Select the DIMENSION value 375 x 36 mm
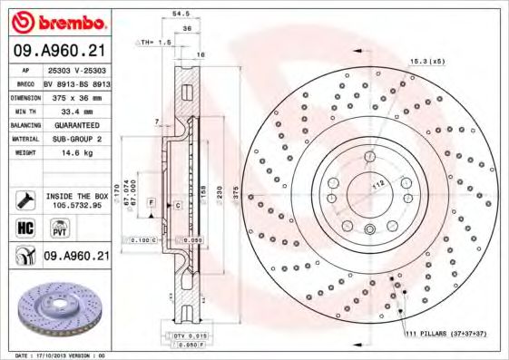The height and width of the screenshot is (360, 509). click(x=77, y=95)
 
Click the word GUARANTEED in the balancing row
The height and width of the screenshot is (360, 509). click(x=77, y=124)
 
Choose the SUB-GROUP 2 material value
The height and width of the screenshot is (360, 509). click(x=77, y=139)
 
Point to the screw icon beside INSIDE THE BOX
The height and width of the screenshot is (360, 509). click(x=24, y=199)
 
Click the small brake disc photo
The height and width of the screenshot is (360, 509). click(x=56, y=308)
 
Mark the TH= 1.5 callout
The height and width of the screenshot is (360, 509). click(x=152, y=43)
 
